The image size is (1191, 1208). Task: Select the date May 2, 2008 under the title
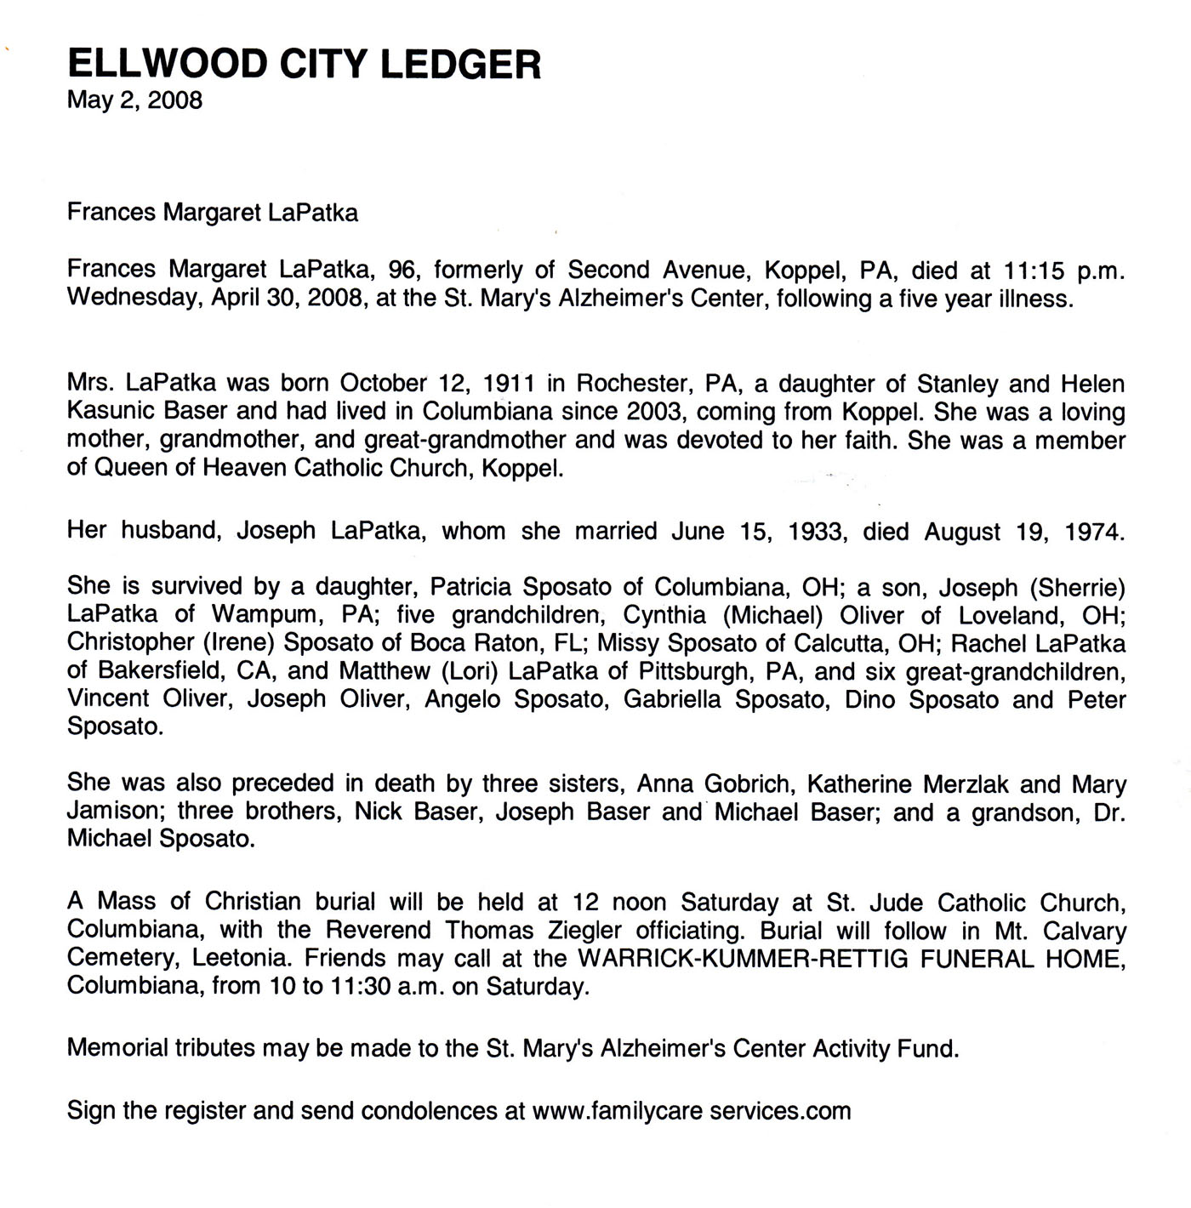point(134,100)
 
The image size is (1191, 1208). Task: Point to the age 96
point(404,271)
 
